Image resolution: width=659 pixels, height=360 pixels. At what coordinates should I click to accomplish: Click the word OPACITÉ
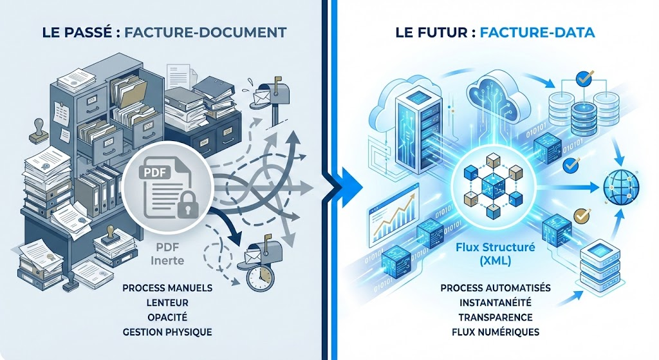(x=167, y=317)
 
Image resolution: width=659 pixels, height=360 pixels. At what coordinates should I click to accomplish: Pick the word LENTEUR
(x=167, y=301)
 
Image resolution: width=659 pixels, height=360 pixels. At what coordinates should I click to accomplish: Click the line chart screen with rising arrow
(x=393, y=219)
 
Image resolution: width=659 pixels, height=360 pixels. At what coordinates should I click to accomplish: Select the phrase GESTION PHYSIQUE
(x=167, y=332)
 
